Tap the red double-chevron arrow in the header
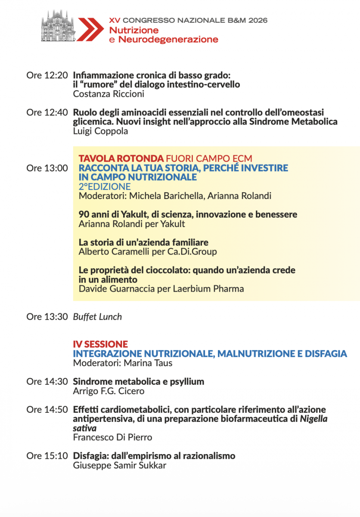[x=90, y=29]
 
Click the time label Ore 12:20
[x=47, y=75]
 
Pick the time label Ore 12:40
[x=47, y=113]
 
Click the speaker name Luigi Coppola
[x=100, y=131]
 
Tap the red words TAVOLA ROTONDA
[x=121, y=158]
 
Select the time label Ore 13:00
[x=47, y=168]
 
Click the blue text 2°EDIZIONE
[x=105, y=187]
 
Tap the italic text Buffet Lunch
[x=97, y=317]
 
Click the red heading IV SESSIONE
[x=100, y=344]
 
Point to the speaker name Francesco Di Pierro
[x=112, y=438]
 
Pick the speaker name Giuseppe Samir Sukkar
[x=119, y=465]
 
